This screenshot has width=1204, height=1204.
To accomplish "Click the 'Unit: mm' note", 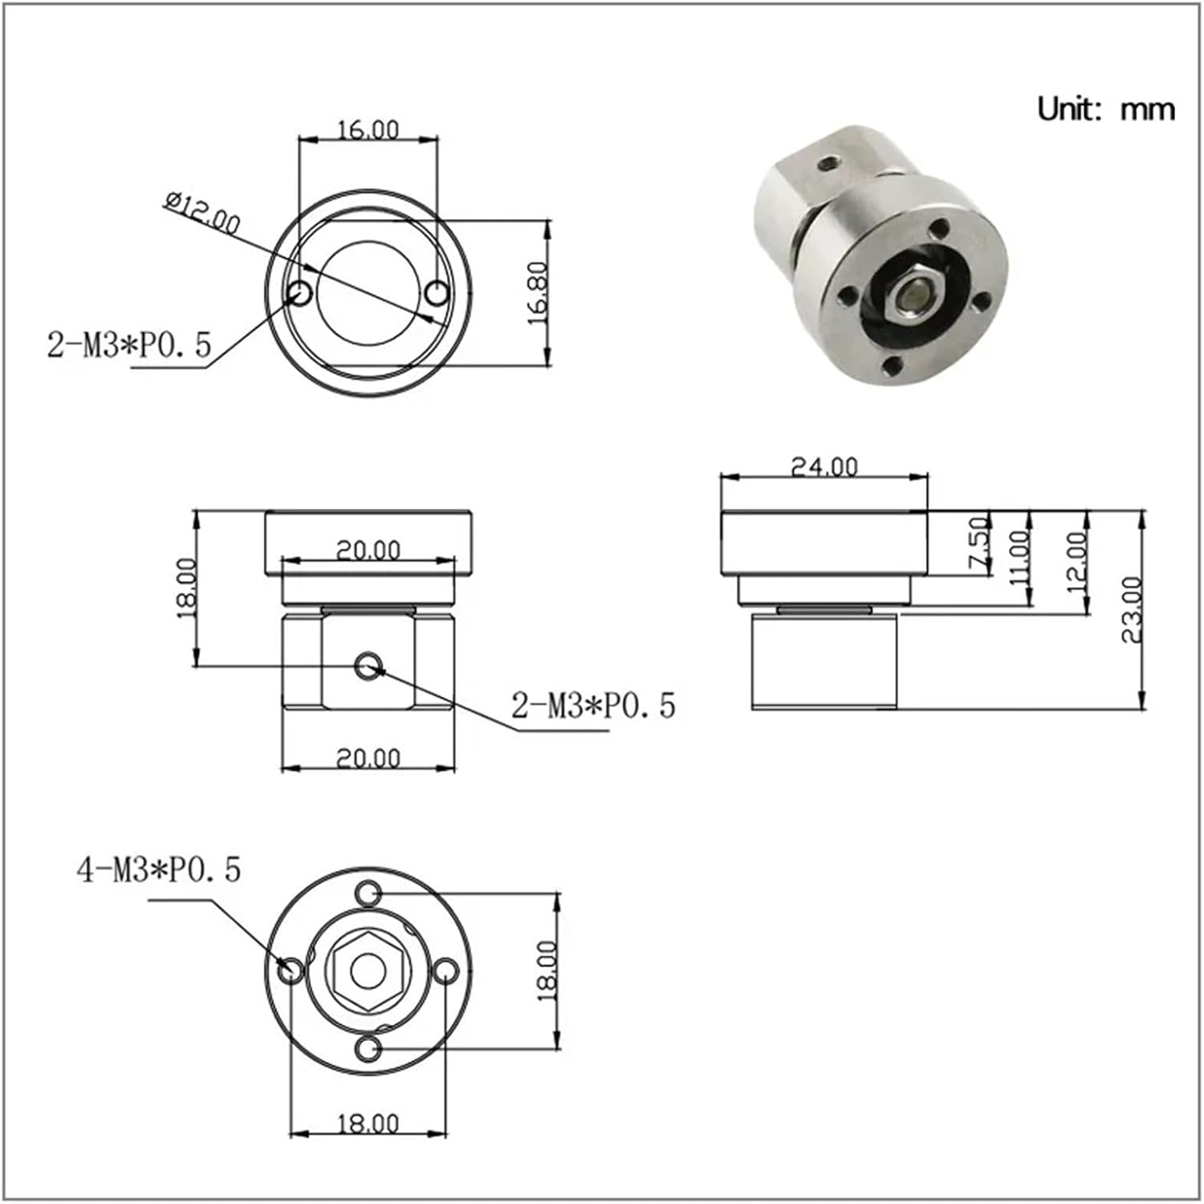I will [x=1105, y=108].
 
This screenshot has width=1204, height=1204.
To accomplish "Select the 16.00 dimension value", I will [x=368, y=130].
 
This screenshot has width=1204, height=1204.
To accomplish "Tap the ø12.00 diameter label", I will [x=202, y=213].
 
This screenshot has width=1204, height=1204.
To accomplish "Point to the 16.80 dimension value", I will [x=538, y=292].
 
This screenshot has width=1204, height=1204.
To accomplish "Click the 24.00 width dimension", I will [x=824, y=466].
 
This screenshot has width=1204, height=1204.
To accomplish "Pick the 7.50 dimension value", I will [x=979, y=543].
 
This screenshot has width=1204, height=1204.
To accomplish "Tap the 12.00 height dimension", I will [x=1076, y=561].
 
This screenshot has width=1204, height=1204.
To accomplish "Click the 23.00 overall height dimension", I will [x=1132, y=610].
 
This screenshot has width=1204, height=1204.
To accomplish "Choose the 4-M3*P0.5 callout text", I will [x=159, y=870].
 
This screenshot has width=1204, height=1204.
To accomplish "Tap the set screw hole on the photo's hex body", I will [x=828, y=164].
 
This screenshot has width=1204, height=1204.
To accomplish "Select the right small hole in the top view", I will [x=437, y=294].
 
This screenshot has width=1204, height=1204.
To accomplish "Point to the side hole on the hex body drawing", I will [x=369, y=665].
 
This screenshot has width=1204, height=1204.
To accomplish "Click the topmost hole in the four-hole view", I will [x=368, y=893].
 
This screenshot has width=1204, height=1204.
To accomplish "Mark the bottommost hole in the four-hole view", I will [x=368, y=1048].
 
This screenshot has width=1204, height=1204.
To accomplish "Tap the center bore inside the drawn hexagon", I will [x=368, y=970].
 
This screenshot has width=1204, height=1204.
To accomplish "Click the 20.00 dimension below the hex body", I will [x=368, y=758].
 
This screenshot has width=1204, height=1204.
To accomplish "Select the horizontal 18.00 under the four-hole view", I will [x=368, y=1124].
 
